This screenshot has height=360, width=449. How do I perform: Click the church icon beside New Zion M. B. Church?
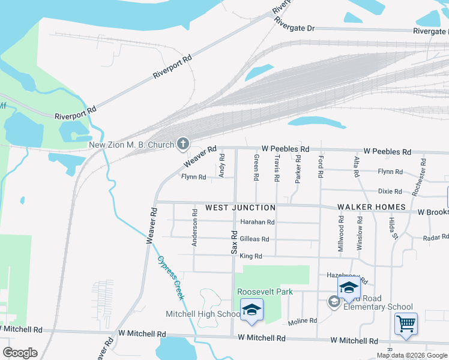[183, 144]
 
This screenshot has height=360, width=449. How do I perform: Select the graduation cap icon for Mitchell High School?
[252, 310]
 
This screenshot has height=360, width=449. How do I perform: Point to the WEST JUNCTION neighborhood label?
[240, 208]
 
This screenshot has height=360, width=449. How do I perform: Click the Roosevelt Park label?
[265, 292]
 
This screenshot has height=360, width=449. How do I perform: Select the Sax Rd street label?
[234, 241]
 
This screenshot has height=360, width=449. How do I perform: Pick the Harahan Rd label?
[257, 222]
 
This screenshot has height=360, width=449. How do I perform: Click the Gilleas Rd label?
[254, 239]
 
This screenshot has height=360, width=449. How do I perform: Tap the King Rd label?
[251, 256]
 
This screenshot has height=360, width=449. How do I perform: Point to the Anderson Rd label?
[194, 227]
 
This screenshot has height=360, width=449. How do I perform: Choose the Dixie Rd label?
[390, 191]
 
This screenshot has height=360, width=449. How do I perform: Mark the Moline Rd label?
[302, 321]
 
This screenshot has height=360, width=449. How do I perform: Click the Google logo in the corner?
[20, 353]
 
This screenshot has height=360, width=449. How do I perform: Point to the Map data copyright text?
[412, 355]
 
